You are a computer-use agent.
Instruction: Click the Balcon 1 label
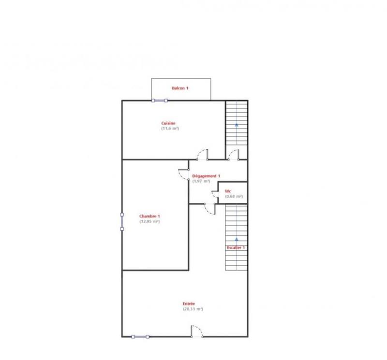(x=180, y=88)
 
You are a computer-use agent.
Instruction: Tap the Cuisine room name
(x=169, y=123)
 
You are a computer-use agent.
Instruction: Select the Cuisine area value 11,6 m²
(x=170, y=129)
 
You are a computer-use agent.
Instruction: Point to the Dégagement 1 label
(x=206, y=176)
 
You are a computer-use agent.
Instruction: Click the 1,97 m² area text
(x=201, y=181)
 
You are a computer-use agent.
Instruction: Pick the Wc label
(x=227, y=191)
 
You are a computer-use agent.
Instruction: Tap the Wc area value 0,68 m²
(x=234, y=197)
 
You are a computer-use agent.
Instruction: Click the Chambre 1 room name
(x=149, y=216)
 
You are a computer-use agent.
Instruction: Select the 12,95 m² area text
(x=149, y=221)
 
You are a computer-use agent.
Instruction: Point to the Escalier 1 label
(x=236, y=247)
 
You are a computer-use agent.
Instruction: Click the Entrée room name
(x=189, y=303)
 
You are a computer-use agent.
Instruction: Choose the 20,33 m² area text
(x=193, y=309)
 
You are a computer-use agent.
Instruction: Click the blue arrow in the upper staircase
(x=237, y=124)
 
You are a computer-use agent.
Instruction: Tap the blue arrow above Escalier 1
(x=237, y=239)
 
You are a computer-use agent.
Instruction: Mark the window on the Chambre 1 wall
(x=122, y=221)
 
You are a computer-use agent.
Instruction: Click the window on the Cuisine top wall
(x=160, y=101)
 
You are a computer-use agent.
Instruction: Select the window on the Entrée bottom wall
(x=140, y=336)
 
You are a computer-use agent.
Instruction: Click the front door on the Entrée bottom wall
(x=197, y=332)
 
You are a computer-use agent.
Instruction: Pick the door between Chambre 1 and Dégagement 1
(x=184, y=174)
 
